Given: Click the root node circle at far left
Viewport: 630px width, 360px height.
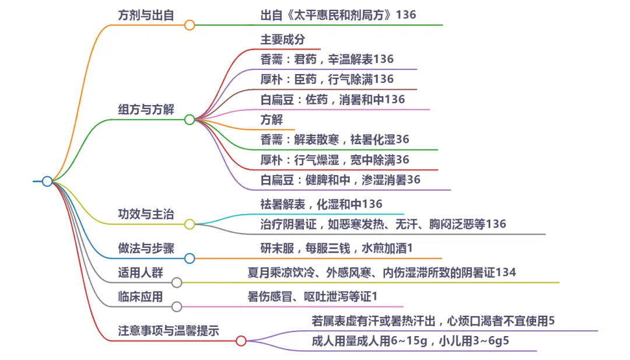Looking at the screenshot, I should pos(47,181).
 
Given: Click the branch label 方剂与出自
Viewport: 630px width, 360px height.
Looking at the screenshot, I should pos(146,15).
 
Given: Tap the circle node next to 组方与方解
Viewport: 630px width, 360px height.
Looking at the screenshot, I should pos(189,120).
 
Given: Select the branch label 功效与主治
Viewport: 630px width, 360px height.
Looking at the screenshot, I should pos(146,214).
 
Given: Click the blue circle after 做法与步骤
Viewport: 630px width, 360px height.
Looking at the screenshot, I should pos(189,258).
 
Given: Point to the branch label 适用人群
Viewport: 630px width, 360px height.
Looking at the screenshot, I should pos(140,272).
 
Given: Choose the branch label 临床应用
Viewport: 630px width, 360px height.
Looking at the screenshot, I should pos(140,297).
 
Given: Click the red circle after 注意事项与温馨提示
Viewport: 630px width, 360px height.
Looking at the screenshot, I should pos(241,341).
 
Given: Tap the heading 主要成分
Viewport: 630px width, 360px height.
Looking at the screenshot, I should pos(282,40).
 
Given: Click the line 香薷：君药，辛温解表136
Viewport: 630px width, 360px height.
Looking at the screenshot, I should pos(327,60).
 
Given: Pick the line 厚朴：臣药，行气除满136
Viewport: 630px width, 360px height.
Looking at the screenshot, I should pos(327,79).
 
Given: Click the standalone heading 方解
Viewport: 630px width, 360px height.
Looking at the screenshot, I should pos(271,120).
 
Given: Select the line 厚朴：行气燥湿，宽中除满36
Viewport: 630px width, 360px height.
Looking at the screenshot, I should pos(335,160).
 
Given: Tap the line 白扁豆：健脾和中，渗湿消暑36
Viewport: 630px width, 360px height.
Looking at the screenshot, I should pos(341,180).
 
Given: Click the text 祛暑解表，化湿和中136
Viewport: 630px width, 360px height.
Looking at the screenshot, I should pos(321,204).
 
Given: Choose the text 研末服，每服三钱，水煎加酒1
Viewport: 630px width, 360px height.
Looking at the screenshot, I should pos(337,249).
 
